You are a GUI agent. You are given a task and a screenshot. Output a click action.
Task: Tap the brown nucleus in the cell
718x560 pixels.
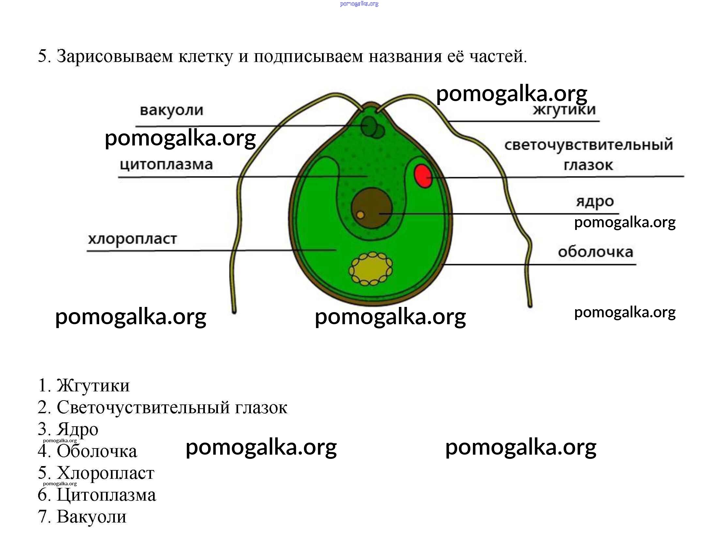[x=372, y=208]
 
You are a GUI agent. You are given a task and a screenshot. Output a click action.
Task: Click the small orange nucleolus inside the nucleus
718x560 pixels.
[x=360, y=215]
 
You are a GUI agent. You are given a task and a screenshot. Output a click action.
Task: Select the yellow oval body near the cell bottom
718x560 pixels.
[x=371, y=269]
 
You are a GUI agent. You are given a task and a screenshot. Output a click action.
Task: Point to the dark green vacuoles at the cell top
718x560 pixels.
[x=372, y=127]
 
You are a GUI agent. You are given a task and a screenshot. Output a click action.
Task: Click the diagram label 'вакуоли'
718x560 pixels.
[x=172, y=110]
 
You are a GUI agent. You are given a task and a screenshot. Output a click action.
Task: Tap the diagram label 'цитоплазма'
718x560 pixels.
[x=166, y=164]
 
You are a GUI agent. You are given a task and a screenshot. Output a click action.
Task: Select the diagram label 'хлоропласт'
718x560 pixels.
[x=132, y=239]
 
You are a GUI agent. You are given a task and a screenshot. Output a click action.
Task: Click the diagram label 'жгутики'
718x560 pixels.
[x=564, y=110]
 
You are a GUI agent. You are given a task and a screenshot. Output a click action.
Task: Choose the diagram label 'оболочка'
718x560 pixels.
[x=595, y=252]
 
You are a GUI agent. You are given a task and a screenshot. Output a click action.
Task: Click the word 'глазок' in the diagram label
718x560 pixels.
[x=588, y=165]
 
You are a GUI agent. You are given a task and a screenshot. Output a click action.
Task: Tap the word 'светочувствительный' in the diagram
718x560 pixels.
[x=589, y=145]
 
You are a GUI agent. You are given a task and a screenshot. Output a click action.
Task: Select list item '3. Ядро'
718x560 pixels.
[x=68, y=429]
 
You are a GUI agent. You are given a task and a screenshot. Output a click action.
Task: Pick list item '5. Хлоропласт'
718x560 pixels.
[x=96, y=473]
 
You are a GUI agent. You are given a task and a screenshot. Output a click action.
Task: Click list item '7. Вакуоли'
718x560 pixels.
[x=82, y=517]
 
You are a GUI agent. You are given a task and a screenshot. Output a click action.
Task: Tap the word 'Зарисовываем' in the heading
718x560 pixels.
[x=115, y=56]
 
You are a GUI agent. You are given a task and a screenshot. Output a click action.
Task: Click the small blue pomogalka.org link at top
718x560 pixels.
[x=359, y=4]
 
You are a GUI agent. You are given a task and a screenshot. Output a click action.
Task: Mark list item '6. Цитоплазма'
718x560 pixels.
[x=97, y=494]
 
